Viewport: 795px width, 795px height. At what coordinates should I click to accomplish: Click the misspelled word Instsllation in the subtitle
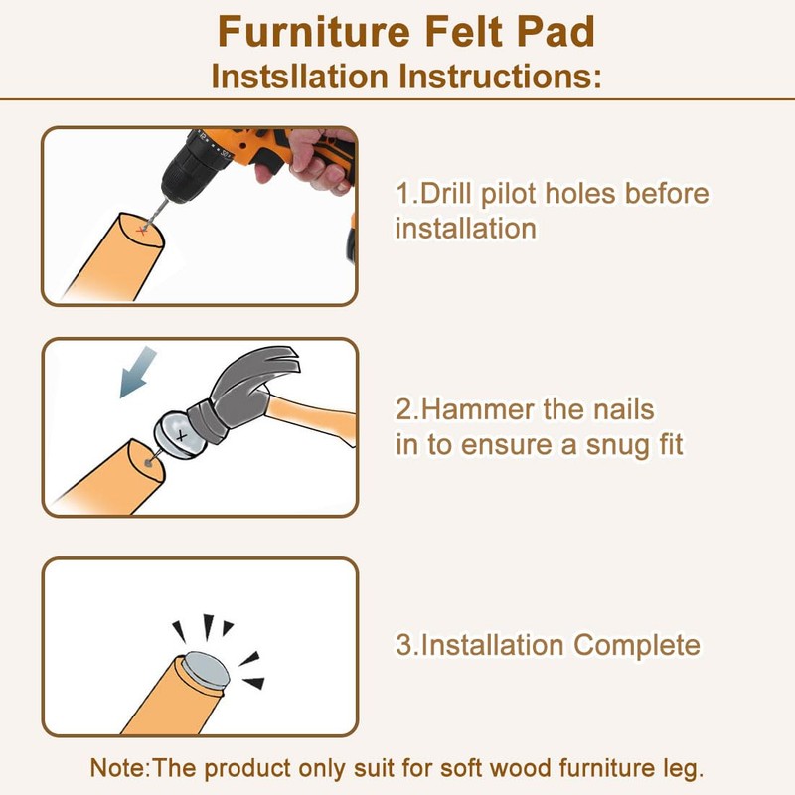[x=300, y=77]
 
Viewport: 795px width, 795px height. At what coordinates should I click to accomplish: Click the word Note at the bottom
[x=120, y=768]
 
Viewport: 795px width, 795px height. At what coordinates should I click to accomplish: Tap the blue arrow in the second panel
[x=137, y=371]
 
